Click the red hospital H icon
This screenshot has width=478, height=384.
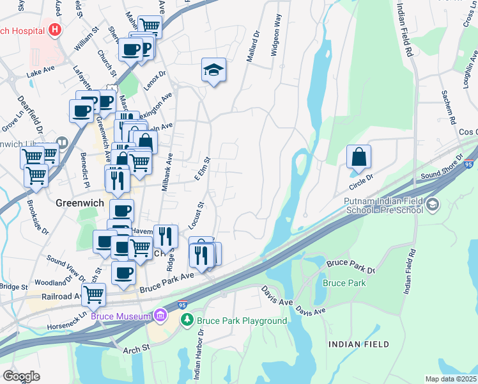56,30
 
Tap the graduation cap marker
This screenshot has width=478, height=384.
214,70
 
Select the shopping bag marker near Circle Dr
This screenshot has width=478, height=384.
359,157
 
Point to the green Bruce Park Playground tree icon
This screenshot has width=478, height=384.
187,321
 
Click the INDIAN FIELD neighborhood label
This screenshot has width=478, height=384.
358,344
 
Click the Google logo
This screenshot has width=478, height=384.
21,376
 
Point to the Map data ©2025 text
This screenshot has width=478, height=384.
451,379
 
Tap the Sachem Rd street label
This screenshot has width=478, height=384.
447,107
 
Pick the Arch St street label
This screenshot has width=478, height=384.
136,348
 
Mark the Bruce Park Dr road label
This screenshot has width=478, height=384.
350,267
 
